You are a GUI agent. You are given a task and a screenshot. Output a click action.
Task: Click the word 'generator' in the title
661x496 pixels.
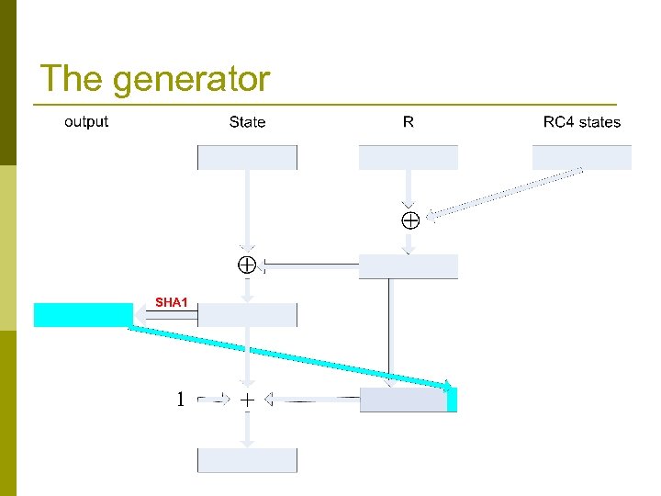[192, 81]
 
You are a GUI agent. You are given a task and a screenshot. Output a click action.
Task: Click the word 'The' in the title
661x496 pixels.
[73, 79]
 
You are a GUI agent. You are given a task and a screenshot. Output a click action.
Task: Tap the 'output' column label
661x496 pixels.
[86, 121]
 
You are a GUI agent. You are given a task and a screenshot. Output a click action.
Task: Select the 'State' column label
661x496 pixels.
[247, 122]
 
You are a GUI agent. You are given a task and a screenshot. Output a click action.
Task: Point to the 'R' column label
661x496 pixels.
[409, 121]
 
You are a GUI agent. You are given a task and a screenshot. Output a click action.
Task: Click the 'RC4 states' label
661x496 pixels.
[581, 122]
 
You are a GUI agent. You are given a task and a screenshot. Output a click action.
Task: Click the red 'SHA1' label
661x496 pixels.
[171, 301]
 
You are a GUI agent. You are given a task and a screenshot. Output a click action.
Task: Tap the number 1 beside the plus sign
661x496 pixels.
[181, 400]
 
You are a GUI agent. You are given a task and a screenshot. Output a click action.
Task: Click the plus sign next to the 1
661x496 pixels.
[247, 400]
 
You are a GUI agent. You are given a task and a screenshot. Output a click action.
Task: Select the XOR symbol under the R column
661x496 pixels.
[409, 220]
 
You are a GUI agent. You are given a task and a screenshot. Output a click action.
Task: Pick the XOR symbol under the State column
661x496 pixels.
[247, 265]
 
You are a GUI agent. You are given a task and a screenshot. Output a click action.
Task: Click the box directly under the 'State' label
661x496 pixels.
[247, 157]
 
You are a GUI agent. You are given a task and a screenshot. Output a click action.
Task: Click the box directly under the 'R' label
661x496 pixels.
[408, 157]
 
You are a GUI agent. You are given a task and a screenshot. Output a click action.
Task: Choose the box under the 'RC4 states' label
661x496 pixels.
[581, 157]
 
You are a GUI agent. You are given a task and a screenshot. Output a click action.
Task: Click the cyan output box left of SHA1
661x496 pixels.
[84, 314]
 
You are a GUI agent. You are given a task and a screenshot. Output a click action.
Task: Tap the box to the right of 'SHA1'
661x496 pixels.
[247, 315]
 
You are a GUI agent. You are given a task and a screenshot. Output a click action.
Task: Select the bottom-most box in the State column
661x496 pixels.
[247, 460]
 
